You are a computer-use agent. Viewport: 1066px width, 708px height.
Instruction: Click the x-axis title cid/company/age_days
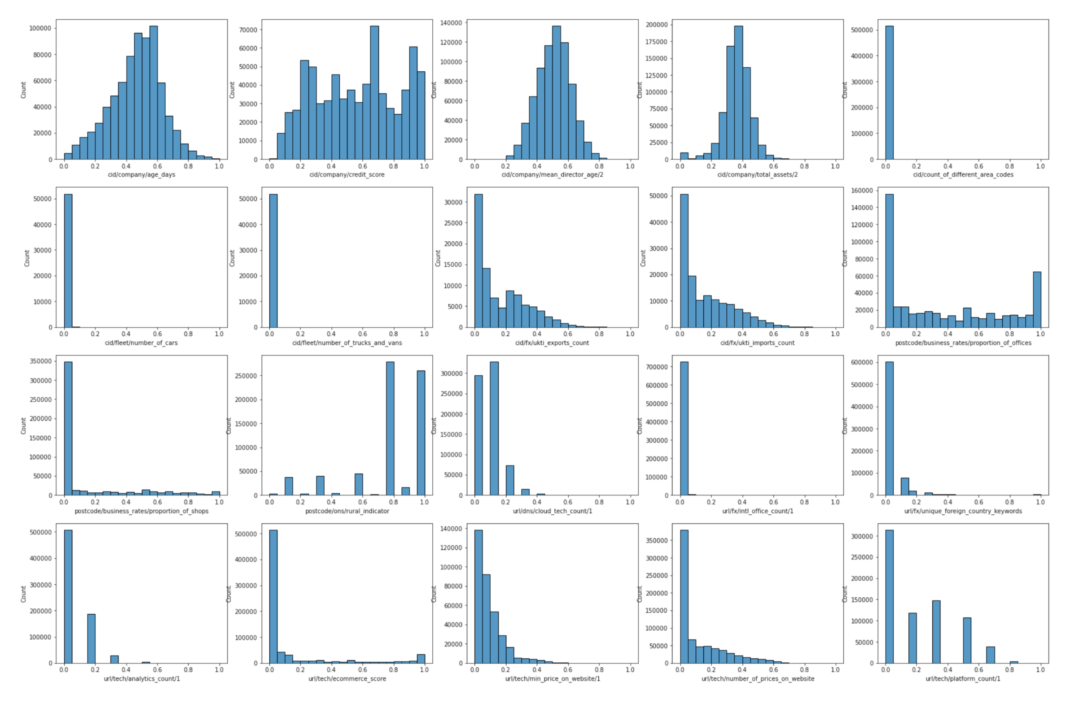141,175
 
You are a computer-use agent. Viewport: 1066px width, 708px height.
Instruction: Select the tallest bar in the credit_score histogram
374,92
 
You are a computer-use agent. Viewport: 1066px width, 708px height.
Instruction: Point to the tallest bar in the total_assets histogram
738,92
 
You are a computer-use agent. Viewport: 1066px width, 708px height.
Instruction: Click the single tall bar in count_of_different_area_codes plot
889,92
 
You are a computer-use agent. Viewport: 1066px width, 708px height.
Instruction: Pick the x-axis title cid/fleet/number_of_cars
141,343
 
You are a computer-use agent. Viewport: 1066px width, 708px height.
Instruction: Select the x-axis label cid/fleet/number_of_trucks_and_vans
347,343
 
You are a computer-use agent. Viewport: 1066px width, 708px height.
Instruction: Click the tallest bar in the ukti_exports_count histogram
478,261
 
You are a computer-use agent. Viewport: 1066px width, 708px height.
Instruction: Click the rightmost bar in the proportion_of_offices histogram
1037,300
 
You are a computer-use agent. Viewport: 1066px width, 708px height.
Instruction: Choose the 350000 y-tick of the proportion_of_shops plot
41,361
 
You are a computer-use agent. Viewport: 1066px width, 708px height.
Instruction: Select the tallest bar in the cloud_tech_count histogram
494,428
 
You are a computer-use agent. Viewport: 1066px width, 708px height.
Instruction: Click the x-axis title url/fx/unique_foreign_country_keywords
962,511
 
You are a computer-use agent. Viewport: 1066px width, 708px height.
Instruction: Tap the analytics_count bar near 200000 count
91,639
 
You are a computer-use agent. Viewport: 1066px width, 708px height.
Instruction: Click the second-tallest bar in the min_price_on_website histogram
486,619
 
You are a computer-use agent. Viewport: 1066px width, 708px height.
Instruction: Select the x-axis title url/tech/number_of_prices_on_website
757,679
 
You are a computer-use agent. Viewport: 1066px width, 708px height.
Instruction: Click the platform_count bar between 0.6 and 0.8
990,655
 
